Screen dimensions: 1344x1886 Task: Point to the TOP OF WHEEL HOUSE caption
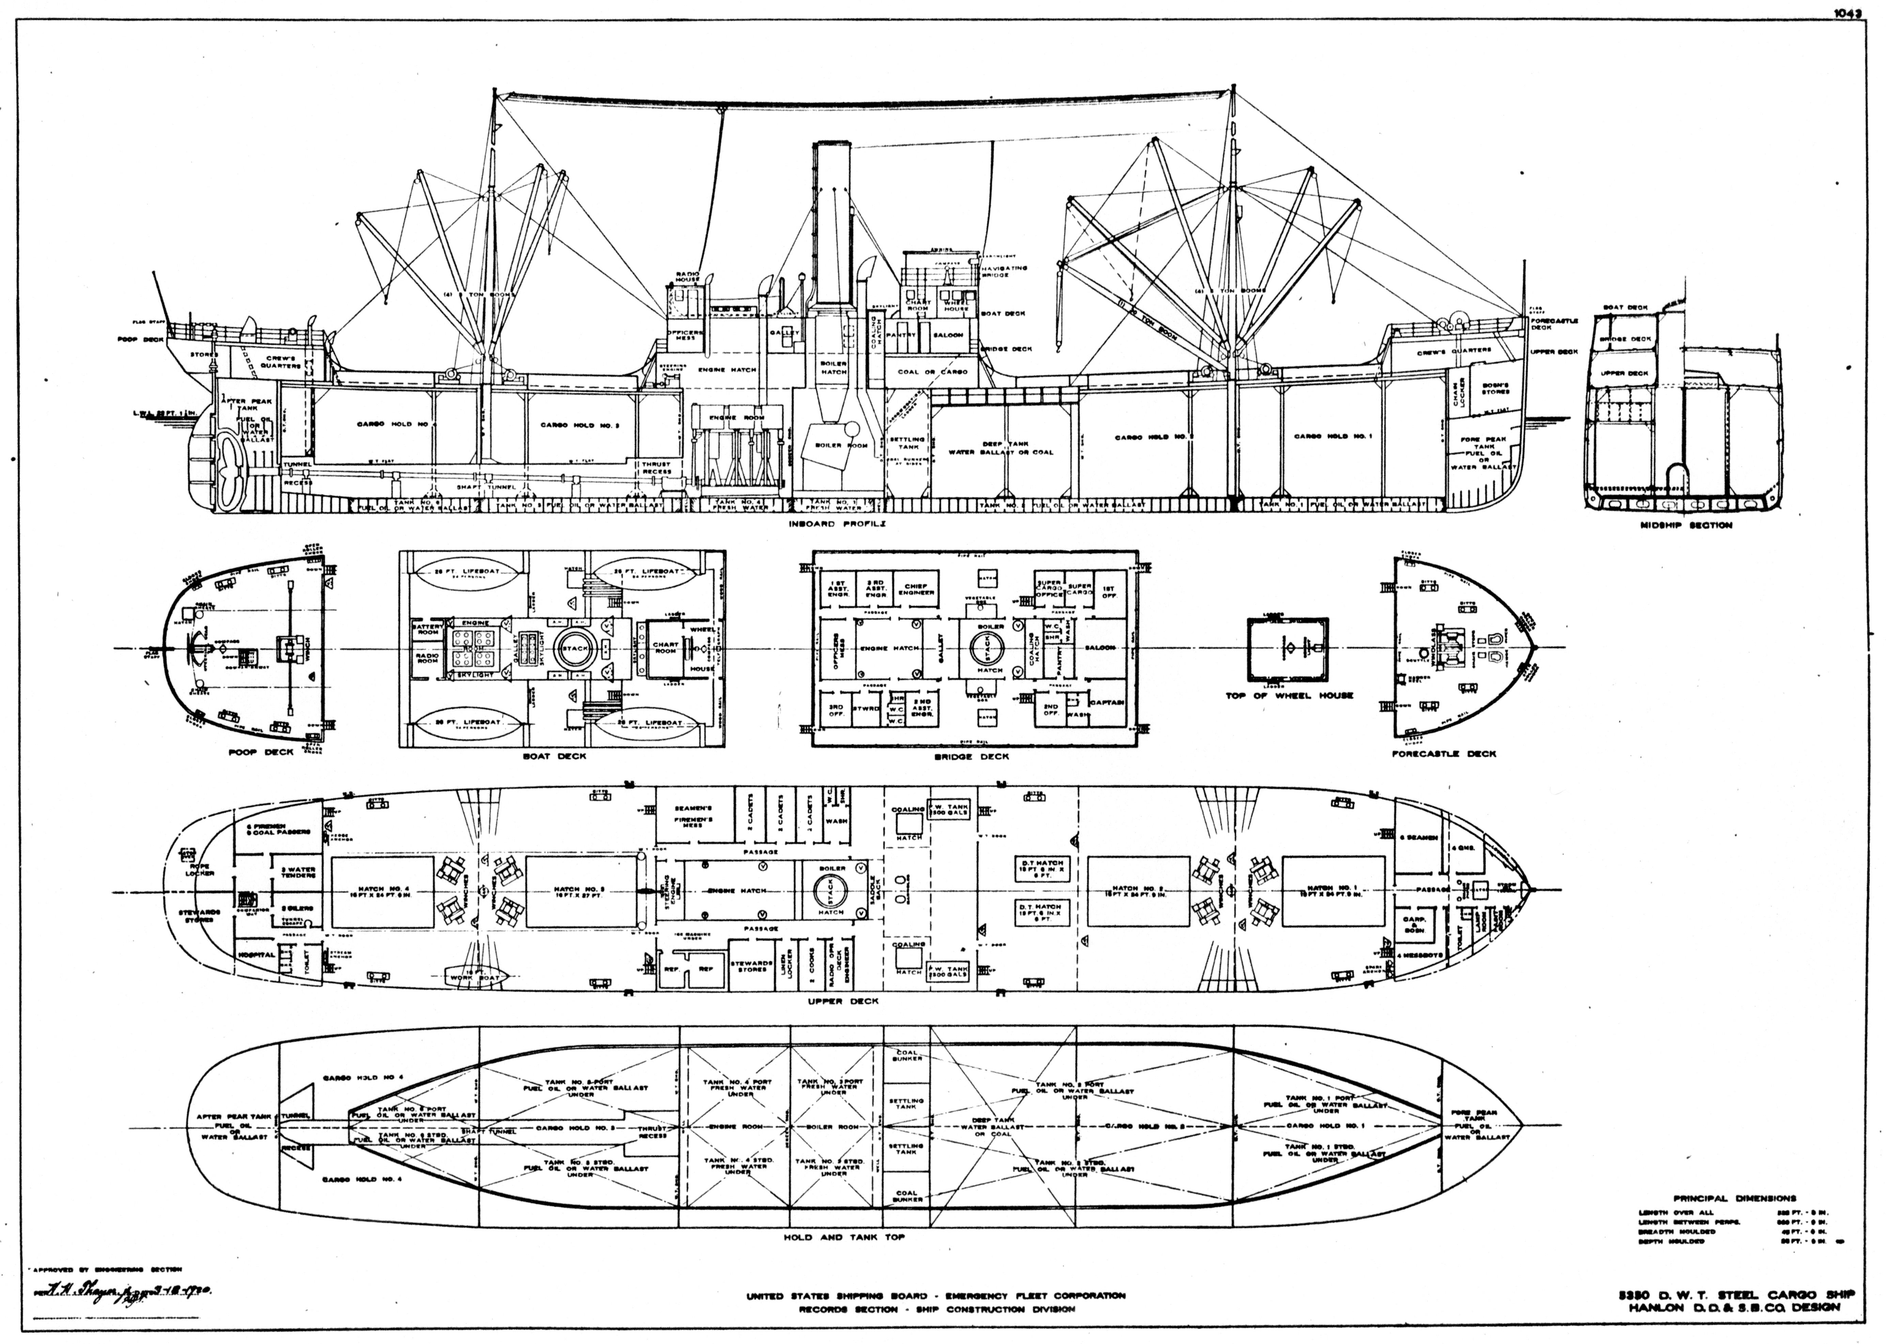[x=1289, y=696]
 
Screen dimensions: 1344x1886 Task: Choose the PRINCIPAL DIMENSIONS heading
[x=1734, y=1198]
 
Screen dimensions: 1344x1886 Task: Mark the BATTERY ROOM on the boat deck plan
[x=428, y=630]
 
